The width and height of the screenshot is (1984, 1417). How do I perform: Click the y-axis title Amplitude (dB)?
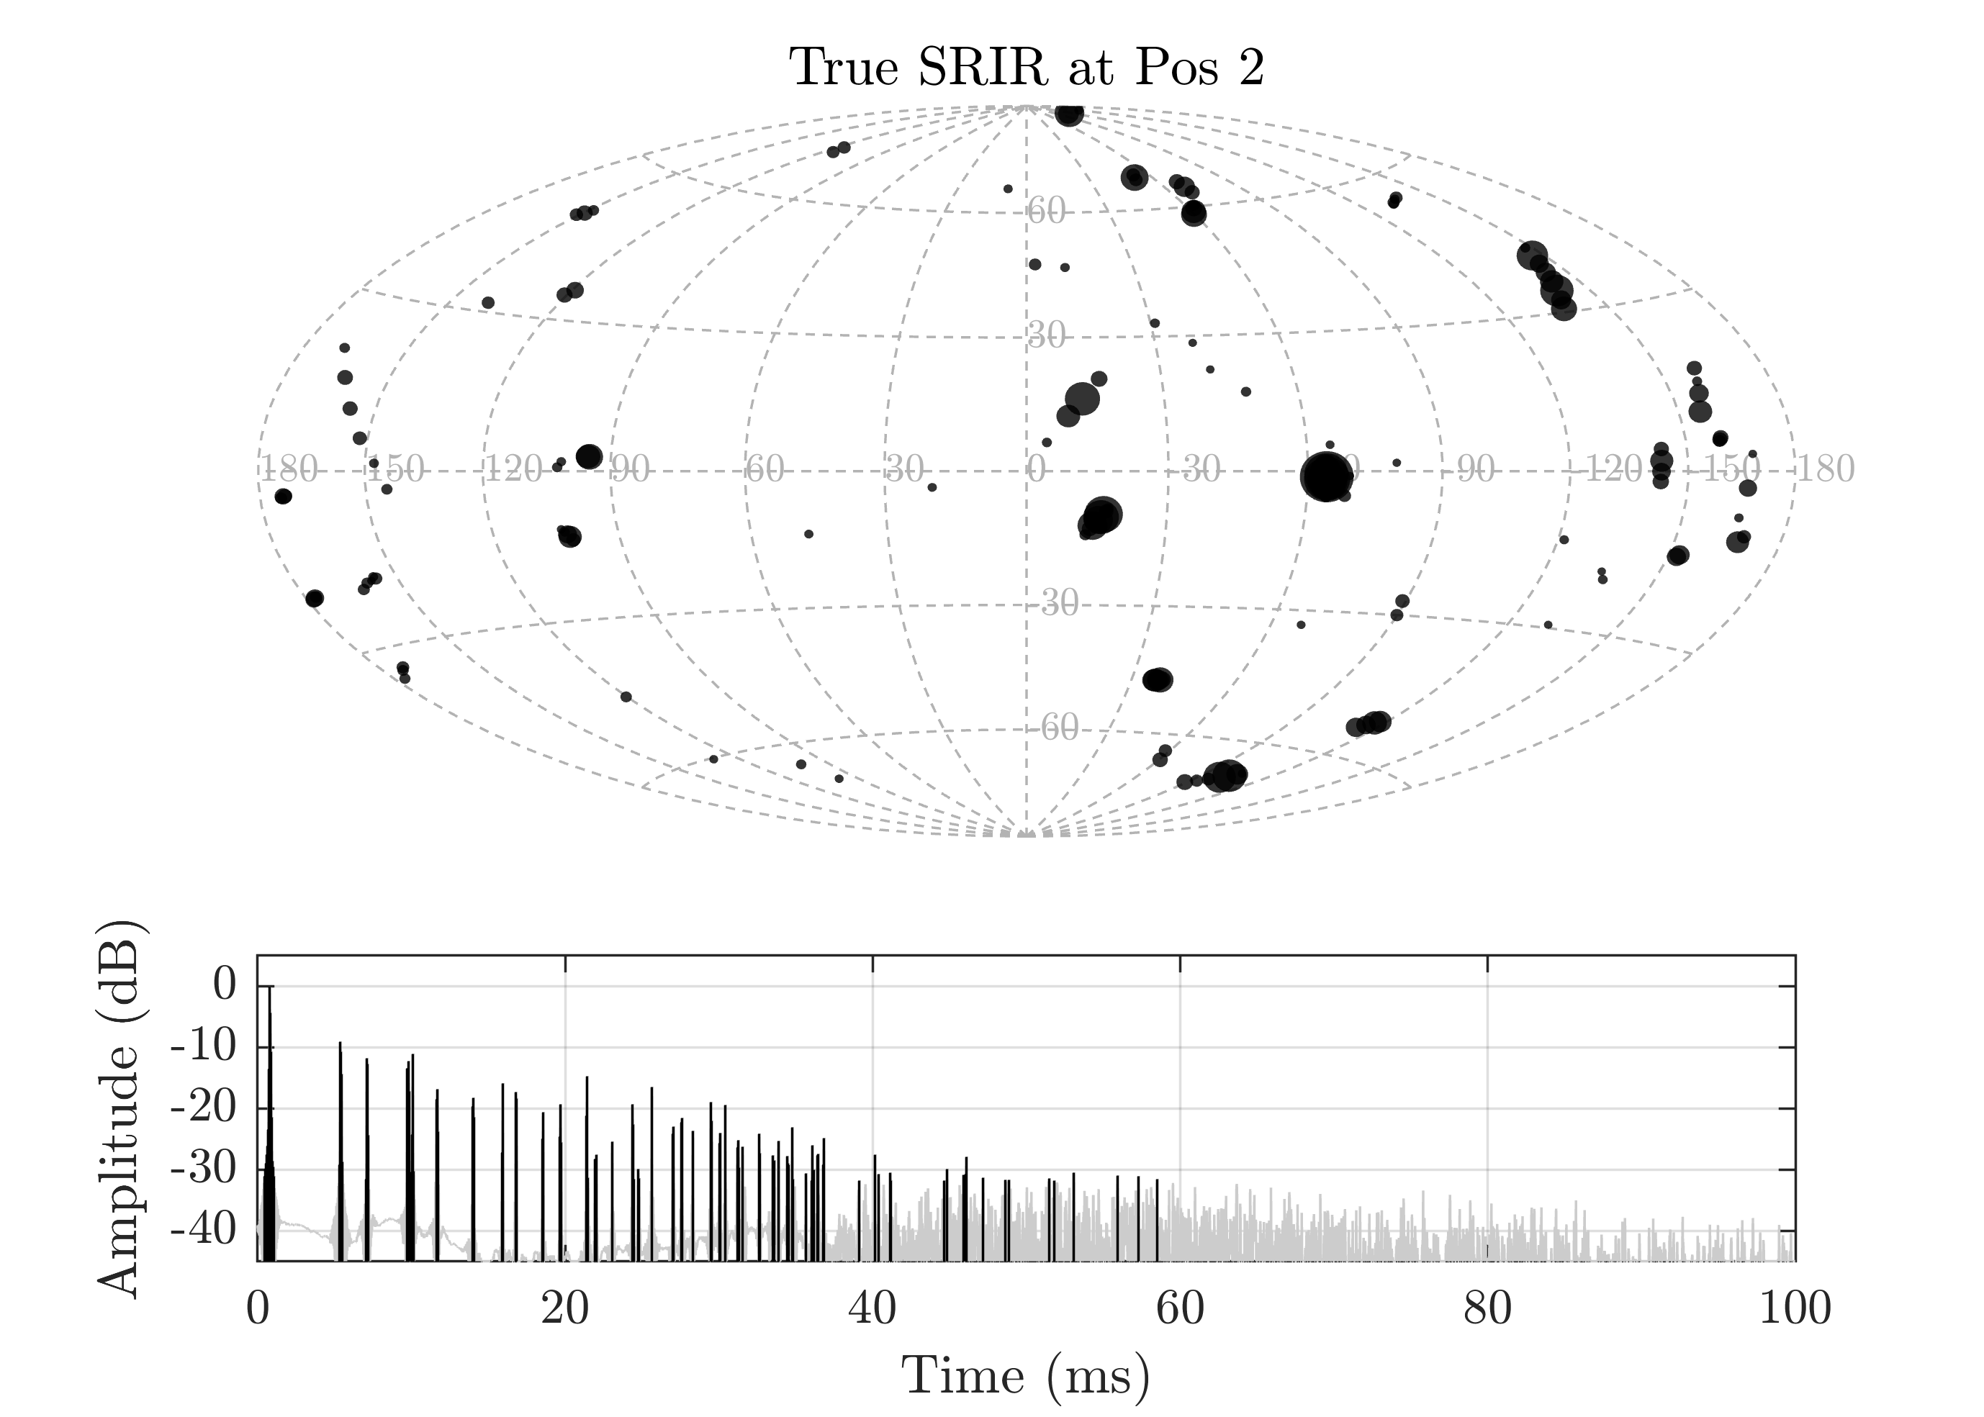click(x=118, y=1108)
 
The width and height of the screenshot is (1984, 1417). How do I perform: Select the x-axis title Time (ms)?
click(x=1026, y=1376)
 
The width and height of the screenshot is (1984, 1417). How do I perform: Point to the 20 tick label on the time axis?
click(x=564, y=1310)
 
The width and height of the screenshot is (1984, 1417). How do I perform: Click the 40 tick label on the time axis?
click(x=872, y=1310)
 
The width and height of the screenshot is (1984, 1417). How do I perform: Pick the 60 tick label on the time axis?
click(x=1180, y=1310)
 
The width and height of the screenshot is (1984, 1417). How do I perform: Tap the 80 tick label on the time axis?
click(x=1487, y=1310)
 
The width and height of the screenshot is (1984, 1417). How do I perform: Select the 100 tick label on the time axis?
click(x=1795, y=1310)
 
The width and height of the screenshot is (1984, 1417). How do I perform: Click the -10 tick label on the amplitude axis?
click(x=202, y=1047)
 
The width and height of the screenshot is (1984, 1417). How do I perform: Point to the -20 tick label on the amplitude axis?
click(x=202, y=1108)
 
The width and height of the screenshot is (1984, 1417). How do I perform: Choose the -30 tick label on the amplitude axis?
click(x=202, y=1169)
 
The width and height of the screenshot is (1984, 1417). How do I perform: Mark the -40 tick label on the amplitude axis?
click(x=202, y=1231)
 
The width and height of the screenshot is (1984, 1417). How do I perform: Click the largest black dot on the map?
click(x=1326, y=477)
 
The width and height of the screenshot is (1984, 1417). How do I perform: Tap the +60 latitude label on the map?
click(x=1047, y=211)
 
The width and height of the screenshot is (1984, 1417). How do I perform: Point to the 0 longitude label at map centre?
click(x=1036, y=471)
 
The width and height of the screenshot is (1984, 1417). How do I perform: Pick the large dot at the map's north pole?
click(x=1068, y=114)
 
